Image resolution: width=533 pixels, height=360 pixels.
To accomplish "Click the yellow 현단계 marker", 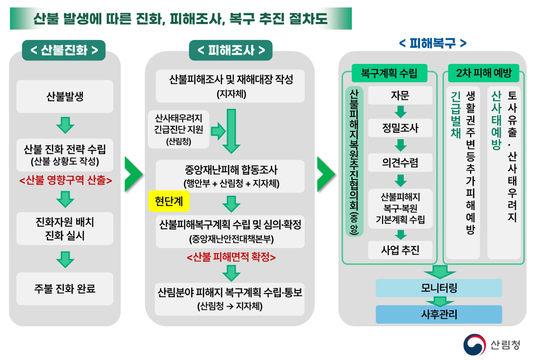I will point(168,201).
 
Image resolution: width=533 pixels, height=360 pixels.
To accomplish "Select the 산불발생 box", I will point(64,96).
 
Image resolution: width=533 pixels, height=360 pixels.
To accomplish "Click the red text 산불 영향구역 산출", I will point(64,181).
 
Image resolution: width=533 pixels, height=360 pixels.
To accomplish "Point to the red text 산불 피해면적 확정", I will point(231,257).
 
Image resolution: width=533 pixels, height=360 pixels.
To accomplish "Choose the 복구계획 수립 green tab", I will point(389,73).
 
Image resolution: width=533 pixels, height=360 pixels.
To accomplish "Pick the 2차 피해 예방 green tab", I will point(483,73).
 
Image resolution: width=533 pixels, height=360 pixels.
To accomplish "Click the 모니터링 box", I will point(439,288).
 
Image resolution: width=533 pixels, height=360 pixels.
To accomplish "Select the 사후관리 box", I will point(439,314).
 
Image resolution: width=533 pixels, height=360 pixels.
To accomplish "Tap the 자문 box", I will point(400,96).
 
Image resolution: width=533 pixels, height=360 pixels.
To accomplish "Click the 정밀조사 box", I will point(400,128).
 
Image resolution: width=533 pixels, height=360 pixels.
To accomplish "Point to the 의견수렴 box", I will point(400,163).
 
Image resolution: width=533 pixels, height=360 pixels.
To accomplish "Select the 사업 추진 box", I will point(400,250).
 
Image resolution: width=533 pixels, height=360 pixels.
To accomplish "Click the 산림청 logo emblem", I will point(474,344).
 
